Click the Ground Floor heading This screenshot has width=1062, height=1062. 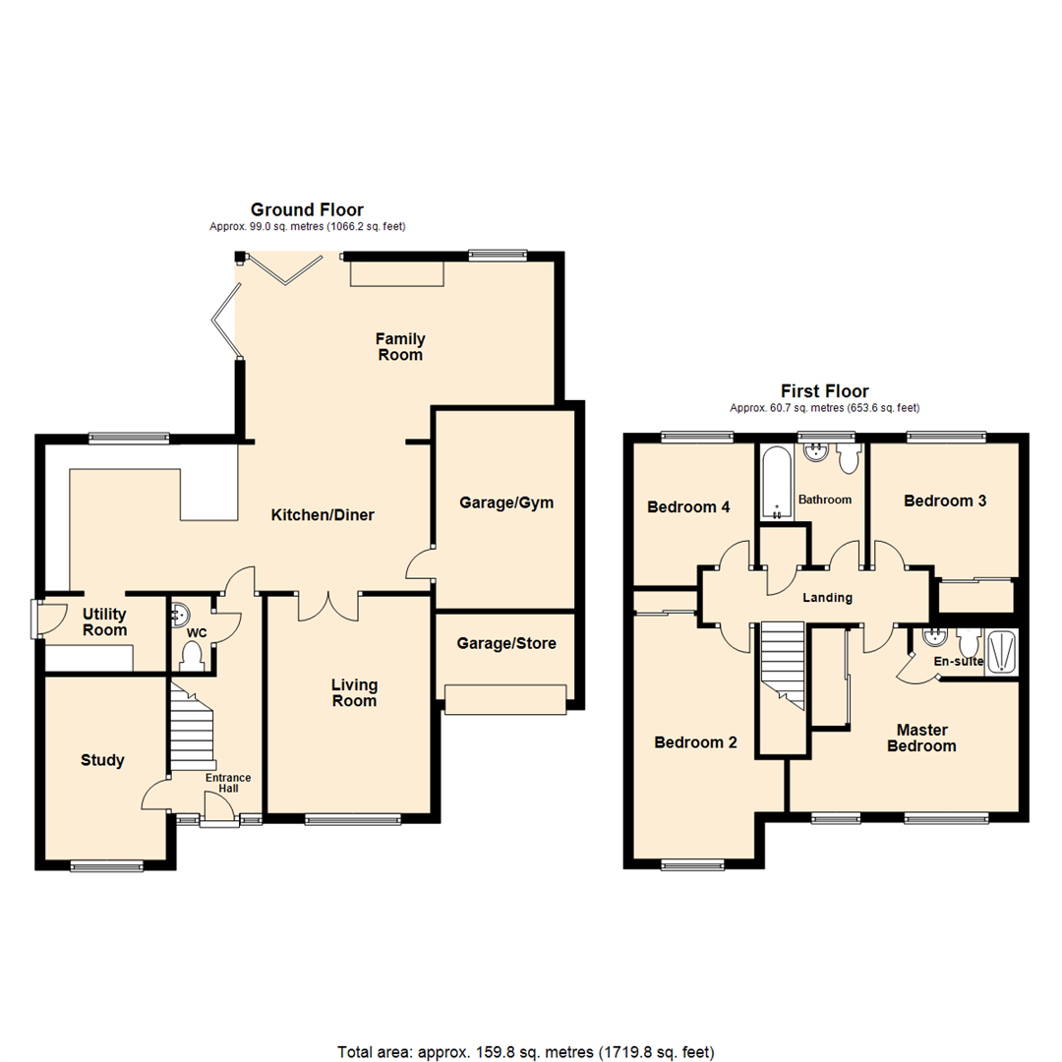307,209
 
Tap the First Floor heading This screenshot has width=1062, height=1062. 824,390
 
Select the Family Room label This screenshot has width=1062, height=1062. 399,346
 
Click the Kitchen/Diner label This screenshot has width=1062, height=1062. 323,514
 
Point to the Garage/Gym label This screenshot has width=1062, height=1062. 506,502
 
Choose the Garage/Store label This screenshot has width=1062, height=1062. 506,644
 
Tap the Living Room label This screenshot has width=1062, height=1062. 353,692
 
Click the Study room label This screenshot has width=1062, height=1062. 102,760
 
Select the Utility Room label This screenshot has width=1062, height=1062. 103,620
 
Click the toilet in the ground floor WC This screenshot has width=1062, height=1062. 191,656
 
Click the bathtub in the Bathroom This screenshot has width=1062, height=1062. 776,484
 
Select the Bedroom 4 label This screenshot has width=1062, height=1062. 688,507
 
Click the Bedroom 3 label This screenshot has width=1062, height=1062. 945,501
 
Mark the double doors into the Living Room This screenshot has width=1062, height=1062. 328,606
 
